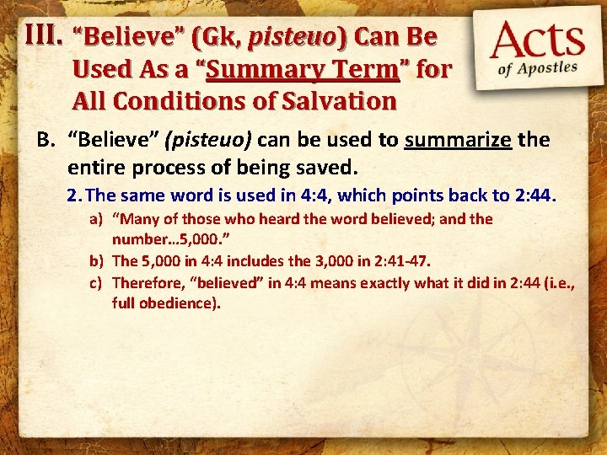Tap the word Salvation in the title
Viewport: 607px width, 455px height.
click(x=340, y=101)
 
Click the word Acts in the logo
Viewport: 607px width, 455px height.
click(x=538, y=41)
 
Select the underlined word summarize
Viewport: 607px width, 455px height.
click(x=458, y=140)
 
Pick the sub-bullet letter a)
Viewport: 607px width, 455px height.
click(x=97, y=219)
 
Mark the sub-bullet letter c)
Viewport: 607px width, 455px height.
click(x=97, y=281)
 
